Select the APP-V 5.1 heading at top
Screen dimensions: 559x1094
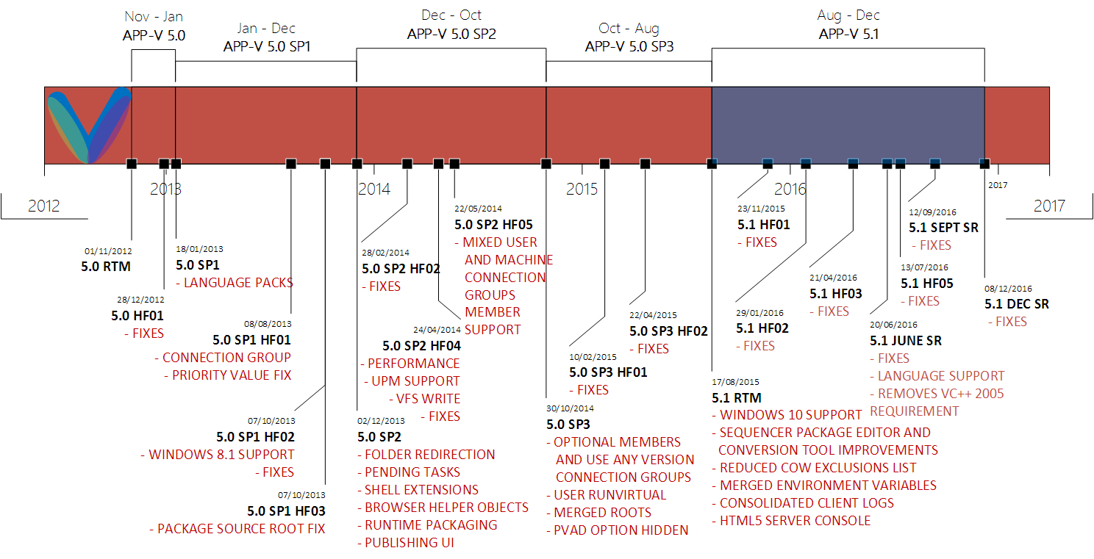coord(848,34)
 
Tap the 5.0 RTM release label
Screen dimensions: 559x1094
coord(106,267)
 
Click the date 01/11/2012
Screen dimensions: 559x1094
coord(108,251)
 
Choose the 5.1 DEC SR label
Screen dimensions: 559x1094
coord(1017,304)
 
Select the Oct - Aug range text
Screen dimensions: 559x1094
coord(629,29)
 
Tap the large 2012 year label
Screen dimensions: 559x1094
coord(44,206)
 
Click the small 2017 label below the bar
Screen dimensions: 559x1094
coord(998,185)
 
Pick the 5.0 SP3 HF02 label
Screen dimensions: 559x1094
coord(668,331)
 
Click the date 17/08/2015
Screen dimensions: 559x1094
coord(736,382)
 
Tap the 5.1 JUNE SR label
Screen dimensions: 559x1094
coord(906,341)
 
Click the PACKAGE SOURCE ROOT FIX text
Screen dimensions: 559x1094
coord(241,529)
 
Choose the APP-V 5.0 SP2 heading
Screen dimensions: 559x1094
coord(451,34)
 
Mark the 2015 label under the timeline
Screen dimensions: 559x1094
coord(582,190)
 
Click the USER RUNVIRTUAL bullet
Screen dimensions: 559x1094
coord(610,495)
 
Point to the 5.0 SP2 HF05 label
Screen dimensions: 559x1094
coord(493,225)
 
